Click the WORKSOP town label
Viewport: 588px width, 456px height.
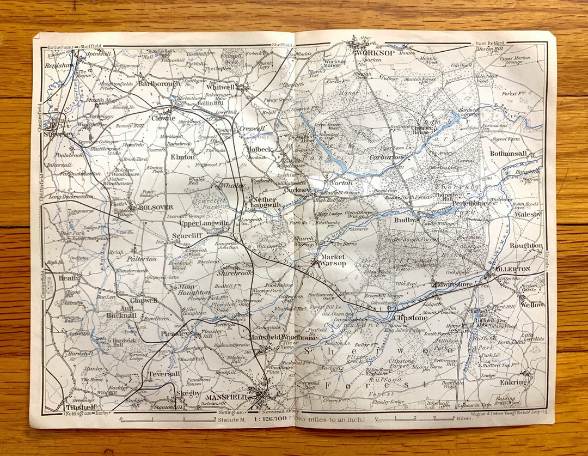374,53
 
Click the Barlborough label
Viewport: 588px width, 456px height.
159,84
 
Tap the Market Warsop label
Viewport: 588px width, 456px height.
332,260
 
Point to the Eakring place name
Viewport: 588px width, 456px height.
514,382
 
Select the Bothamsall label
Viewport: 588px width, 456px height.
509,154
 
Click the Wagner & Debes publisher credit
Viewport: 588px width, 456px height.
515,417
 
